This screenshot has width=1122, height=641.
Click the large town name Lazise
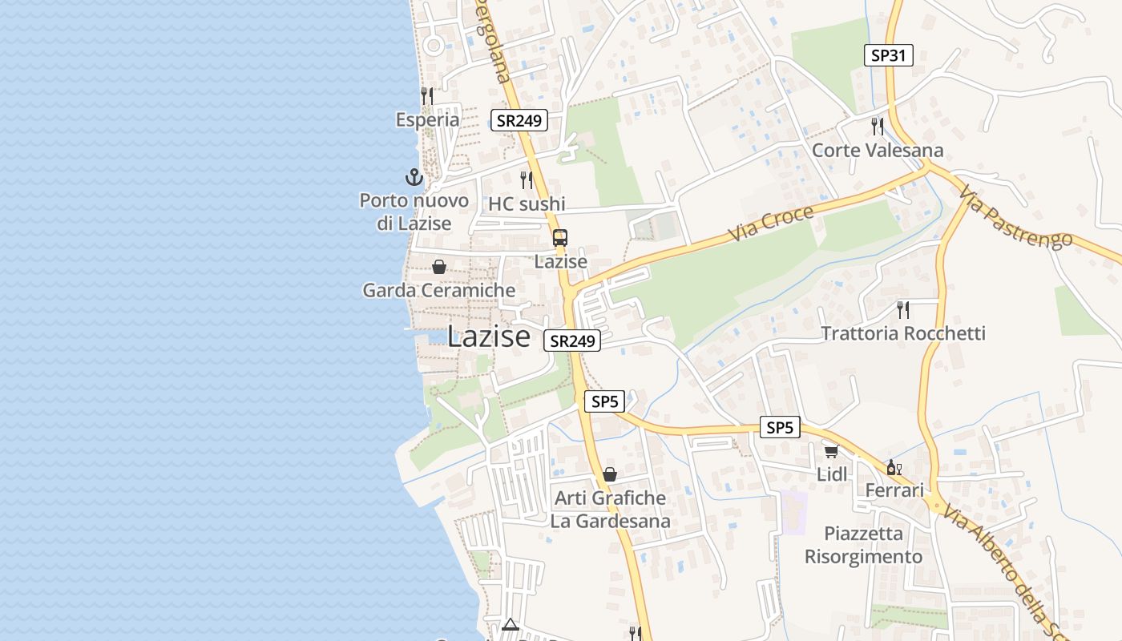click(x=489, y=337)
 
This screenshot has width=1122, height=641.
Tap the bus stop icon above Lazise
click(x=559, y=238)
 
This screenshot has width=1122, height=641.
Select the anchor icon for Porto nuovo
click(x=414, y=177)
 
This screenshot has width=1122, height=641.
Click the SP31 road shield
click(x=889, y=55)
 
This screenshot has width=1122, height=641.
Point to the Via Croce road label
click(x=771, y=224)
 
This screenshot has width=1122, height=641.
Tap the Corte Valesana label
click(x=878, y=151)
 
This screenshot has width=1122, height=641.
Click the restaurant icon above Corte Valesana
click(x=878, y=127)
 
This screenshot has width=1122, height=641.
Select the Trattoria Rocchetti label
click(x=903, y=333)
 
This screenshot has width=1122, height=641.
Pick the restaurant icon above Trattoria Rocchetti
click(x=903, y=309)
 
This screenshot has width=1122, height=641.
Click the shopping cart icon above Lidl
click(x=832, y=452)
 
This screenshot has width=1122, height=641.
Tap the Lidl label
click(x=832, y=474)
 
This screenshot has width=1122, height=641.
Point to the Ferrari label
click(x=895, y=490)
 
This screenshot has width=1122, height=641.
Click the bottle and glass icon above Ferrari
click(x=894, y=467)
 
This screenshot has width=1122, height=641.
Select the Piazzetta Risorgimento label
click(x=863, y=545)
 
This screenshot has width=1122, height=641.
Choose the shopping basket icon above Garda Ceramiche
click(x=439, y=267)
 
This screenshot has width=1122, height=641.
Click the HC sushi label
click(x=527, y=204)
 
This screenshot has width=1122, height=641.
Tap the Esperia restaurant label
click(x=428, y=120)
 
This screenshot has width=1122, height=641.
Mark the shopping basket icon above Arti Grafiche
click(x=610, y=474)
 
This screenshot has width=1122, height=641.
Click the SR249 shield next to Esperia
click(x=519, y=121)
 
